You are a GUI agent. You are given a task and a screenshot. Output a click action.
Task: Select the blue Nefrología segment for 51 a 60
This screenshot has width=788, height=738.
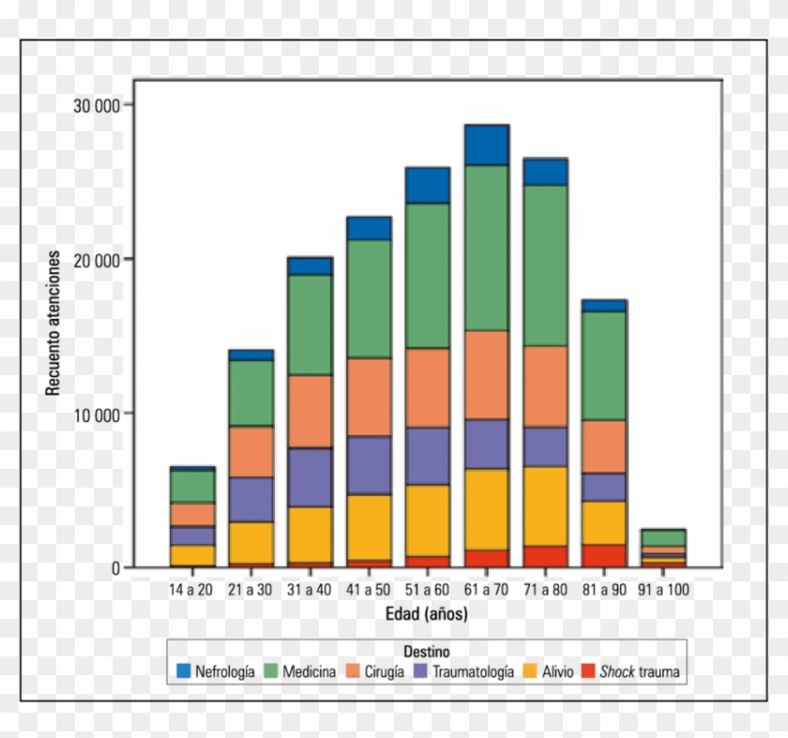[x=428, y=186]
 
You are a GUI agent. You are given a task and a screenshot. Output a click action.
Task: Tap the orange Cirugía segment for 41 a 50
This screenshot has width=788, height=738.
[x=369, y=397]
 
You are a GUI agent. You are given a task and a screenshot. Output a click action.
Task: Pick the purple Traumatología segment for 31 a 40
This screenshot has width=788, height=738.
[x=310, y=477]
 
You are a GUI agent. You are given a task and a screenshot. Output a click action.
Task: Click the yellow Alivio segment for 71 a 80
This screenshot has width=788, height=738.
[x=545, y=506]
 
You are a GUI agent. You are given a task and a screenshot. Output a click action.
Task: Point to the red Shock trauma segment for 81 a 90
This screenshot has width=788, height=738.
[x=603, y=555]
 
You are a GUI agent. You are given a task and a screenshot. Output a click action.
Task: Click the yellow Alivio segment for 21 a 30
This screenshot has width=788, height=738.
[x=250, y=543]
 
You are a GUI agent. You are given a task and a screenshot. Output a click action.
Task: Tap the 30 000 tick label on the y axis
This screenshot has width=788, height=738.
[x=97, y=105]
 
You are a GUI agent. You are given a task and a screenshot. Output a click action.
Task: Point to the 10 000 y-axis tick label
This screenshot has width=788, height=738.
[x=97, y=414]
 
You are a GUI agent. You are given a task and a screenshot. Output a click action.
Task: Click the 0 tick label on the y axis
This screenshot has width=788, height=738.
[x=114, y=567]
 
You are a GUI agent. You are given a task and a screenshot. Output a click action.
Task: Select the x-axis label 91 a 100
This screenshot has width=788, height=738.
[x=663, y=590]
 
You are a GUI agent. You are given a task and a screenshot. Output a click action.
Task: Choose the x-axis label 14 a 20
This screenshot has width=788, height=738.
[x=191, y=590]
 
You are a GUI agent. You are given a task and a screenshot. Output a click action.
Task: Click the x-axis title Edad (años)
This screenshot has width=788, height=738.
[x=427, y=614]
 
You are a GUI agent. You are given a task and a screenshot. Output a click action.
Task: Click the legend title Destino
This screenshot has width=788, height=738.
[x=427, y=650]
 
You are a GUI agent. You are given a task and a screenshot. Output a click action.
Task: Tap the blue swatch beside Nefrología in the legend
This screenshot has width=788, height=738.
[x=184, y=671]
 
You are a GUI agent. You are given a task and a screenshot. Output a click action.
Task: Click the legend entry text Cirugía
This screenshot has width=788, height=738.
[x=386, y=671]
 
